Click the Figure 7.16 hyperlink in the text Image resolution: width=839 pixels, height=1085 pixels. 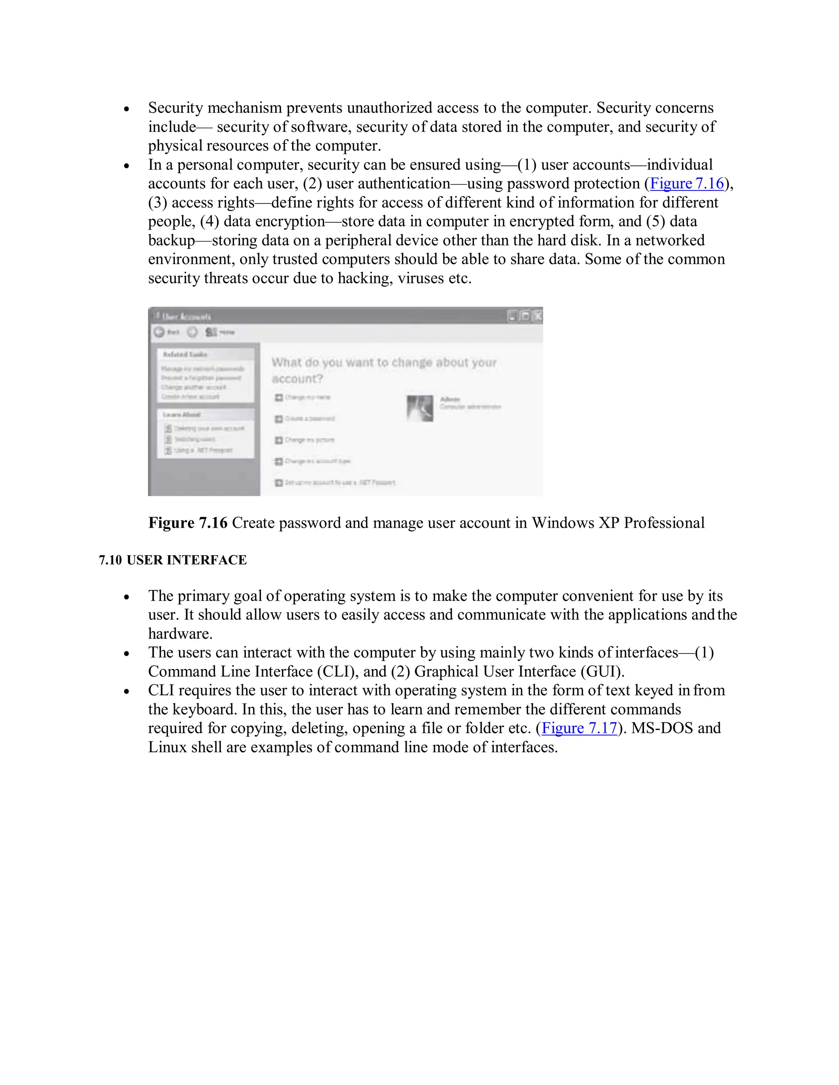[687, 183]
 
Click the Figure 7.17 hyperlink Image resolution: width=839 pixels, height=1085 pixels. [579, 728]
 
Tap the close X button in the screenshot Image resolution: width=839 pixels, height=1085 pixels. [537, 316]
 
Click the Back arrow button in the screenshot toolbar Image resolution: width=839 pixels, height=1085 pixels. [159, 332]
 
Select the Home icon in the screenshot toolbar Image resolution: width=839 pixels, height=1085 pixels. [212, 332]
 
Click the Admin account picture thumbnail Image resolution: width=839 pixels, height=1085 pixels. [420, 408]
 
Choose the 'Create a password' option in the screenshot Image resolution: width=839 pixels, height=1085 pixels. [309, 419]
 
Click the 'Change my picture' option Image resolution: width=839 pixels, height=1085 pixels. [309, 440]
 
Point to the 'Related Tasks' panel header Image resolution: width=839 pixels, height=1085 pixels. [185, 354]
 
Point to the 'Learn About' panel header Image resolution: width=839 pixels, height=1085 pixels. [181, 414]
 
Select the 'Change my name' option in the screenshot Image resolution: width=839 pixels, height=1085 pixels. [307, 398]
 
